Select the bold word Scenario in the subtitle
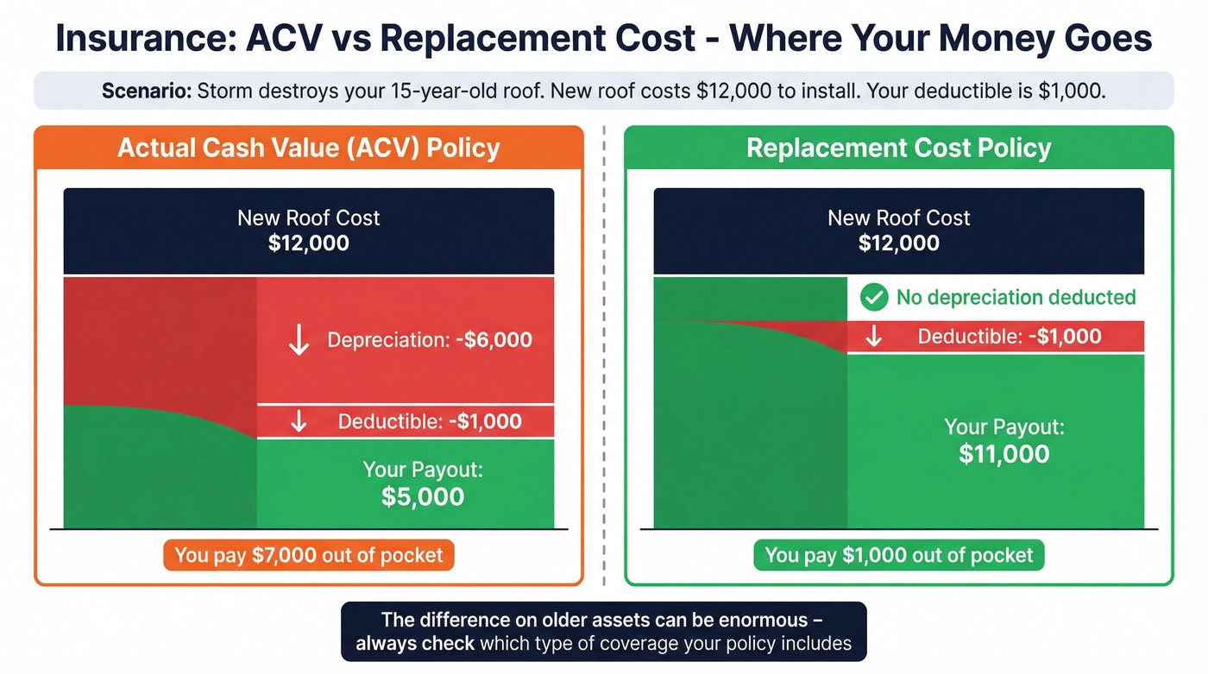pos(146,91)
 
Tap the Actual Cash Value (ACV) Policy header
pos(308,148)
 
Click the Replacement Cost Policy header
pos(898,148)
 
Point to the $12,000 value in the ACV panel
pos(308,243)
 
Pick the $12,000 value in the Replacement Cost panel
pos(898,243)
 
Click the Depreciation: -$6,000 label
pos(429,340)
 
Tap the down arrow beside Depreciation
pos(299,340)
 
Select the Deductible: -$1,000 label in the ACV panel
pos(429,422)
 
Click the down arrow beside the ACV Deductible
pos(299,422)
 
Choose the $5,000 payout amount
pos(423,497)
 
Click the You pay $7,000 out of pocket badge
pos(308,556)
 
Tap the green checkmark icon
pos(874,298)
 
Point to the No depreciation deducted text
pos(1016,298)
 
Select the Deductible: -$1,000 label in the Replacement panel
pos(1009,337)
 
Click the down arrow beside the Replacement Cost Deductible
pos(873,337)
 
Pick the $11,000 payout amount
pos(1004,455)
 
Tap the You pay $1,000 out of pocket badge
pos(898,556)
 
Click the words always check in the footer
pos(415,643)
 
